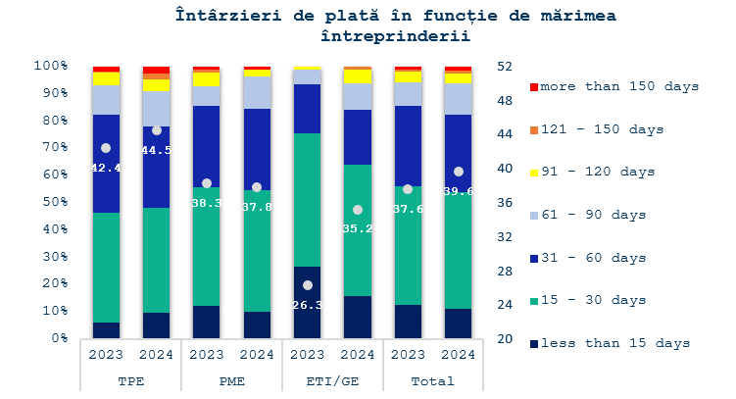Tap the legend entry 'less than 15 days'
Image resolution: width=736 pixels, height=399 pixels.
pyautogui.click(x=615, y=343)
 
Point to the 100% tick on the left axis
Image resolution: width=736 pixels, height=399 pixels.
pyautogui.click(x=51, y=65)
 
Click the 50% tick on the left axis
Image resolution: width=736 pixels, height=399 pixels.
pyautogui.click(x=54, y=202)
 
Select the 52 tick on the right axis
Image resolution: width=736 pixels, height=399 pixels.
pyautogui.click(x=507, y=66)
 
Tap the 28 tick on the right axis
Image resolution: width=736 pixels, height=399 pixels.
pyautogui.click(x=507, y=271)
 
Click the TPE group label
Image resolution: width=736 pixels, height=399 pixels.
pyautogui.click(x=131, y=380)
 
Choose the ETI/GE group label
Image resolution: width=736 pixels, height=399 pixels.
pyautogui.click(x=332, y=380)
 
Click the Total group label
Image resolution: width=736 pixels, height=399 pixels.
pyautogui.click(x=432, y=380)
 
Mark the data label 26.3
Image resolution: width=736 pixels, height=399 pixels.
pyautogui.click(x=308, y=304)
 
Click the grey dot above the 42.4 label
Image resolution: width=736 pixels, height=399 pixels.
pyautogui.click(x=106, y=148)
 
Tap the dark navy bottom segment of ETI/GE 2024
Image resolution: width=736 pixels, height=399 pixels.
pyautogui.click(x=358, y=317)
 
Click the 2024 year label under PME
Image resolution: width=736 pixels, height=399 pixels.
pyautogui.click(x=257, y=355)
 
